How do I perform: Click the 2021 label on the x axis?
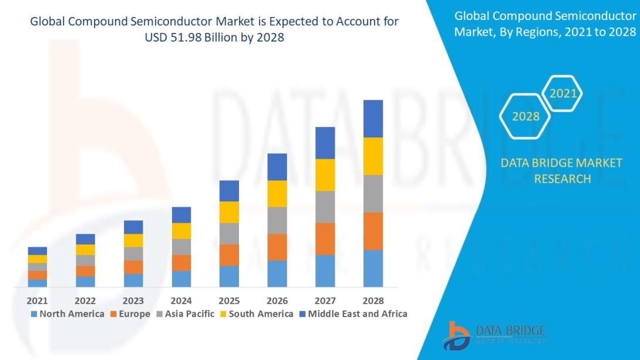(37, 300)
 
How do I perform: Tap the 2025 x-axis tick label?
(229, 300)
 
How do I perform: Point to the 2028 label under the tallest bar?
(373, 300)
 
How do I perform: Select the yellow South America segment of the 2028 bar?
(373, 156)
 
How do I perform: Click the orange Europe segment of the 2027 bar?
(325, 238)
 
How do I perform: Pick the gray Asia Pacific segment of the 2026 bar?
(277, 220)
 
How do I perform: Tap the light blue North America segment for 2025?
(229, 276)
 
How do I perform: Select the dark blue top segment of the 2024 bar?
(181, 215)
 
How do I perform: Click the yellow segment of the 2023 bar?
(133, 240)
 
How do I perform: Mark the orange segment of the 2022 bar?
(85, 271)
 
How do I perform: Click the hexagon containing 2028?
(526, 116)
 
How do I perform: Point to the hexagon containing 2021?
(562, 93)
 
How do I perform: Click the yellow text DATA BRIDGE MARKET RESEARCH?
(562, 170)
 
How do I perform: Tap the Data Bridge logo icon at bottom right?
(456, 336)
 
